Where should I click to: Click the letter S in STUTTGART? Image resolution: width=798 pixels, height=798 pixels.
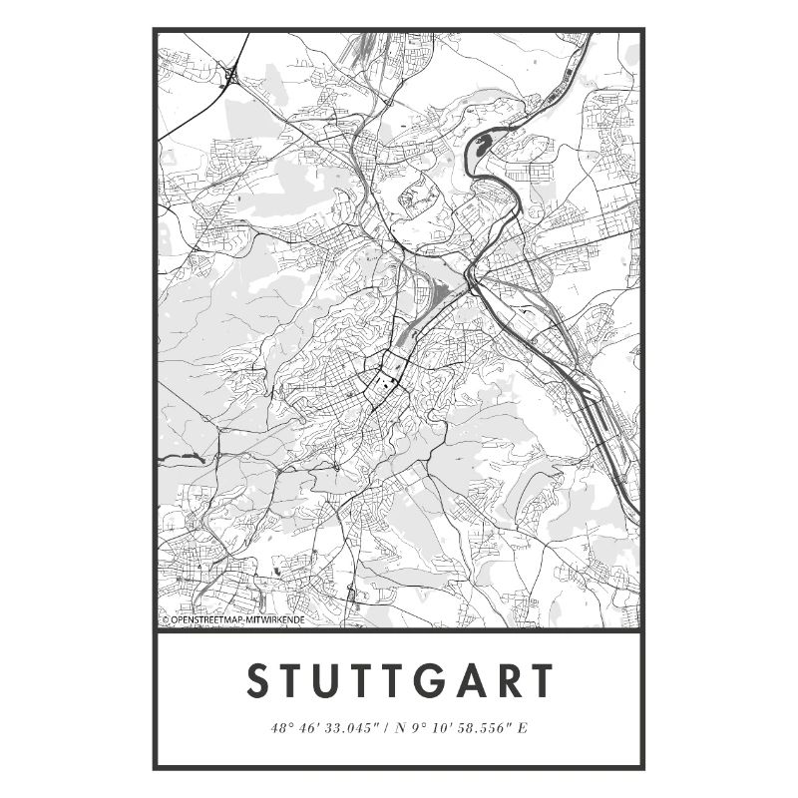[257, 682]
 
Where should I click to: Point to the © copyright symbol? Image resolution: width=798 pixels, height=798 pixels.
[165, 619]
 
